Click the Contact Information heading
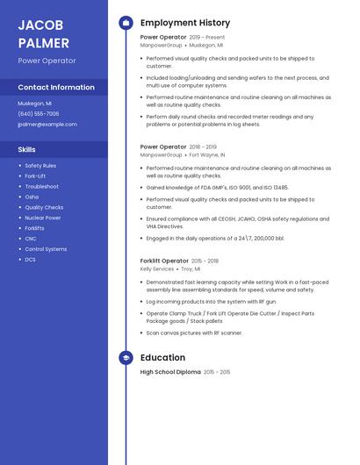[56, 88]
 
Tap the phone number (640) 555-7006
[39, 114]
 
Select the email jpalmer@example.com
[47, 125]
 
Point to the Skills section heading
[27, 150]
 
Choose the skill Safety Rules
[40, 166]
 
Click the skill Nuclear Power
[43, 218]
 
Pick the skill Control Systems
[46, 249]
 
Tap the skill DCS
[30, 260]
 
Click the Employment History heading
[185, 23]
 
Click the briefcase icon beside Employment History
[126, 23]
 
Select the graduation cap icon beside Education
[126, 358]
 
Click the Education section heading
[162, 358]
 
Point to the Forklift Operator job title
[164, 261]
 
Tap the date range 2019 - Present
[207, 38]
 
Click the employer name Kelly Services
[157, 269]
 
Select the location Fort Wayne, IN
[207, 155]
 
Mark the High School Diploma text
[170, 372]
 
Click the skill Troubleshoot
[42, 187]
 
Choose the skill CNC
[31, 239]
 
